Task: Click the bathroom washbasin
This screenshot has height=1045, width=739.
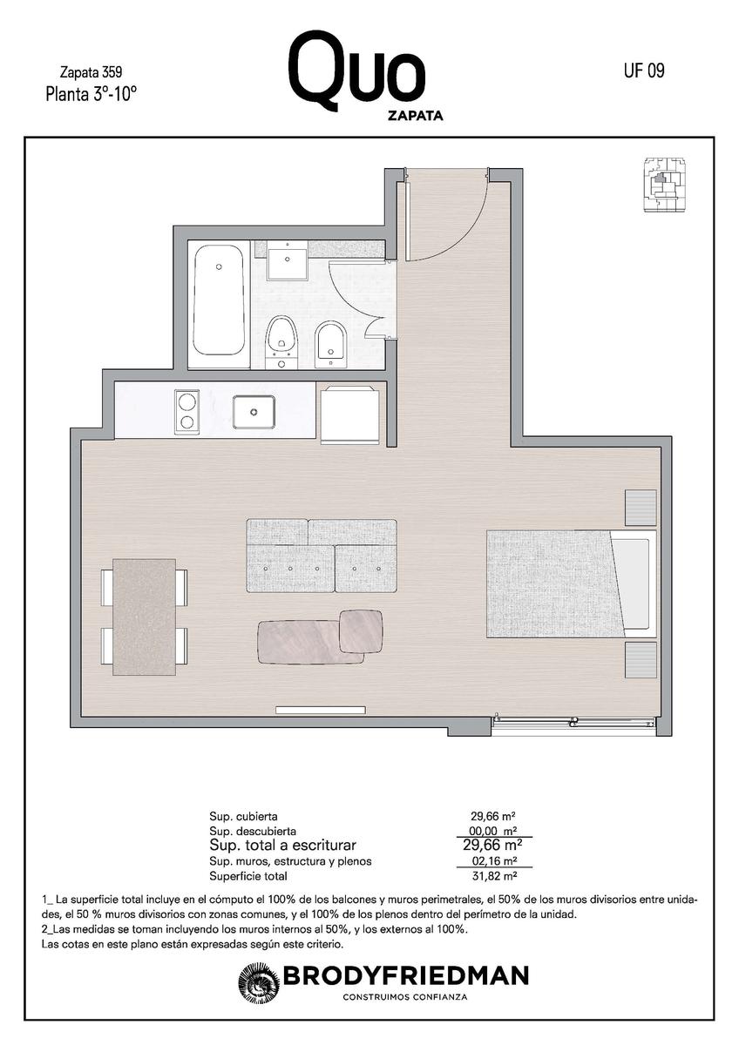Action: (x=287, y=260)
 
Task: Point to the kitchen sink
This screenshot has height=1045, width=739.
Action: (x=254, y=411)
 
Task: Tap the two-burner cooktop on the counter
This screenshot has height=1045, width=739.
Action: (x=186, y=412)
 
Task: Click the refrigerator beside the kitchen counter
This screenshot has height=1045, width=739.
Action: (x=349, y=414)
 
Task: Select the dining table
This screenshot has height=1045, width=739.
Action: (x=145, y=617)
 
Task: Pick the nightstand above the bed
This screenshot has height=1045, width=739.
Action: (x=641, y=508)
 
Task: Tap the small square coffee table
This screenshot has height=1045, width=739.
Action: (x=362, y=631)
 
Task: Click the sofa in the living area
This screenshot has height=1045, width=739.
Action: (x=322, y=556)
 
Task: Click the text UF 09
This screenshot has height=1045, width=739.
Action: (x=644, y=71)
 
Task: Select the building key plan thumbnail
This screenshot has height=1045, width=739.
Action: (x=665, y=185)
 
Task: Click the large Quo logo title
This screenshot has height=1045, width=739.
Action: (x=356, y=71)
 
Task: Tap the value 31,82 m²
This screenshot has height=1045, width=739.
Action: (x=494, y=876)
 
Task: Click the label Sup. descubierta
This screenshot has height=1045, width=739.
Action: (x=253, y=831)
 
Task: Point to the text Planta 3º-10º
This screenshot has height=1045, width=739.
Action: (x=91, y=94)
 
